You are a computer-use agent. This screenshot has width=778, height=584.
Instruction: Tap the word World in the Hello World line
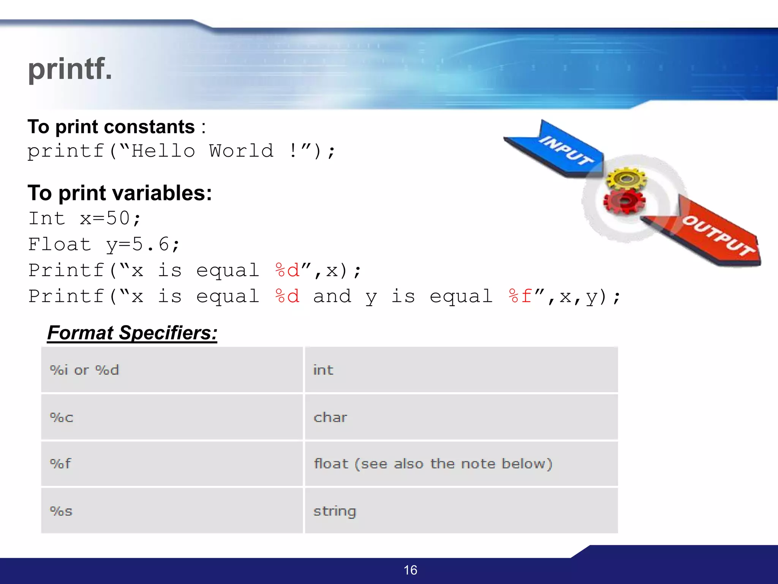coord(241,151)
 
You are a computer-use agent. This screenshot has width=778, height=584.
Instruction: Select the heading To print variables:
coord(120,193)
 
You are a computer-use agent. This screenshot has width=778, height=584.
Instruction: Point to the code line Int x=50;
coord(85,219)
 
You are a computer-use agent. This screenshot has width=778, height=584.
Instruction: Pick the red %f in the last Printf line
coord(520,296)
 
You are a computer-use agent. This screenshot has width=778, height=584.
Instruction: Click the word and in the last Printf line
coord(332,296)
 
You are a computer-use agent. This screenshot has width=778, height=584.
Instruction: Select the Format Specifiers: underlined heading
coord(132,333)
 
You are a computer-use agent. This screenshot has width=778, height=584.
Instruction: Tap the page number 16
coord(410,570)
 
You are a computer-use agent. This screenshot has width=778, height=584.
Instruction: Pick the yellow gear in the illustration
coord(626,178)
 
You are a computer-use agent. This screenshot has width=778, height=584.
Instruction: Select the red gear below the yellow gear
coord(624,201)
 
